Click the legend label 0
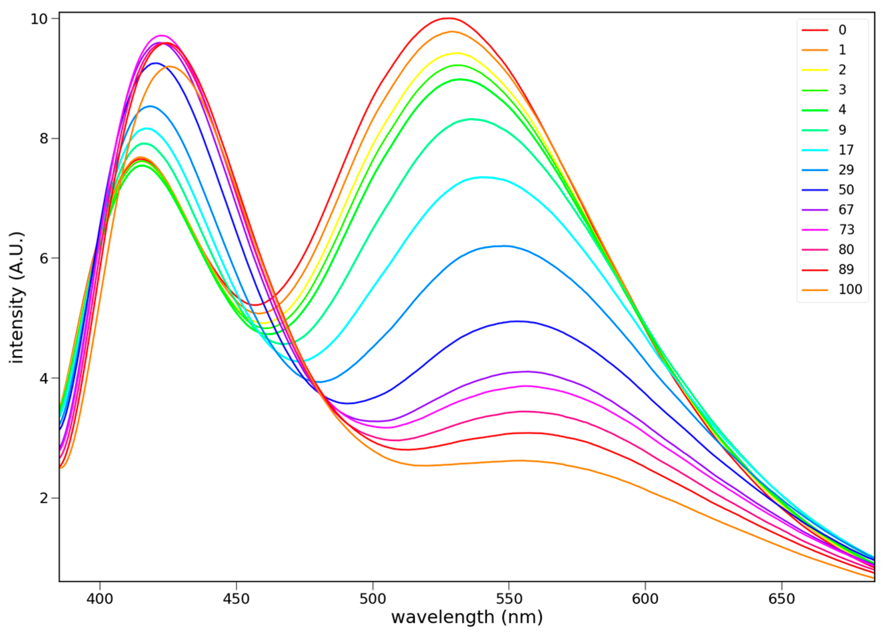click(842, 30)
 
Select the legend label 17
click(846, 150)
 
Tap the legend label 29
click(846, 169)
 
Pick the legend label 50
click(846, 190)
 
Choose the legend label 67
click(846, 210)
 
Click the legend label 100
click(850, 289)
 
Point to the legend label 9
click(842, 130)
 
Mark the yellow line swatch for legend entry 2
click(815, 70)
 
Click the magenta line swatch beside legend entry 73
click(815, 230)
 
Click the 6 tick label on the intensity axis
click(43, 258)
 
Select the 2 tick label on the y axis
click(43, 498)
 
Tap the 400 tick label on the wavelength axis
click(100, 599)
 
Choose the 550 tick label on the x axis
click(509, 599)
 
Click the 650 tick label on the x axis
click(781, 599)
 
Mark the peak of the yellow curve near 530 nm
click(456, 53)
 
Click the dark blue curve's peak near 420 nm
click(155, 63)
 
